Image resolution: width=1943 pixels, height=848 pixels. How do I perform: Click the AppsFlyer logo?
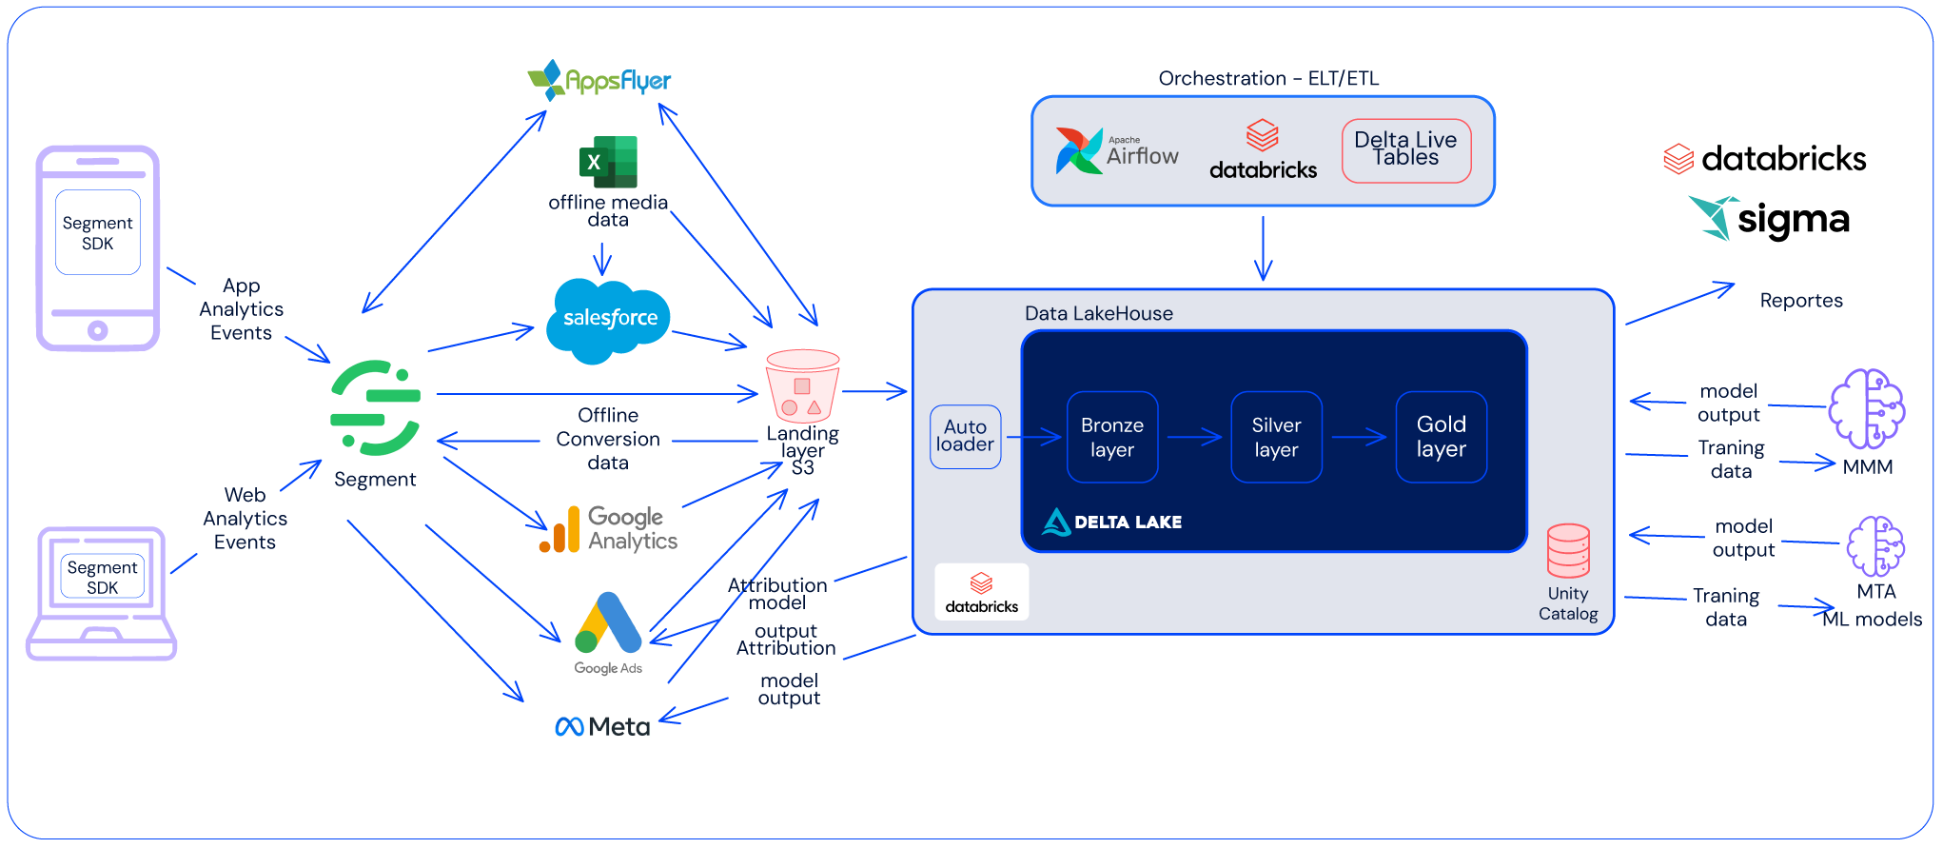click(x=599, y=81)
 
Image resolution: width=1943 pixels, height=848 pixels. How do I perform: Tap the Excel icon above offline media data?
click(x=608, y=162)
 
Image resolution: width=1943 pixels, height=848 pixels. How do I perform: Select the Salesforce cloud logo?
click(x=609, y=320)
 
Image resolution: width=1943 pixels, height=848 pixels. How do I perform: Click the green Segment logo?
click(x=375, y=407)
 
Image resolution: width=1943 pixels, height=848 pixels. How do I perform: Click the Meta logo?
click(x=602, y=727)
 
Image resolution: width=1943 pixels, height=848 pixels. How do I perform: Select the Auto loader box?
click(x=965, y=437)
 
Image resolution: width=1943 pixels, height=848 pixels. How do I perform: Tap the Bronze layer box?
click(x=1112, y=437)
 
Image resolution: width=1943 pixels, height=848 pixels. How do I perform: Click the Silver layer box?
click(x=1276, y=437)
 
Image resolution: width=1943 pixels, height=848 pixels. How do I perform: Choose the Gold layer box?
click(x=1441, y=437)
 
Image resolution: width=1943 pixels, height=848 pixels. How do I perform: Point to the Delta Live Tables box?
click(x=1405, y=149)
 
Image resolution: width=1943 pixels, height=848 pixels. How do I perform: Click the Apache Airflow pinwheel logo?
click(x=1079, y=151)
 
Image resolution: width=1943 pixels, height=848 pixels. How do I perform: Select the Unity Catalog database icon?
click(x=1567, y=551)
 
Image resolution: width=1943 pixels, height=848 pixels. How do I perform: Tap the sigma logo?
click(x=1770, y=220)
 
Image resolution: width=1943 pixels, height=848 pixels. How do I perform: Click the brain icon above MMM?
click(x=1866, y=408)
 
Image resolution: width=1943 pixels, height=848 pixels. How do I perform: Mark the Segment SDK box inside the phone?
click(x=98, y=232)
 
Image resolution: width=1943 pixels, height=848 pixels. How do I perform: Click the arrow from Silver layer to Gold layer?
click(x=1359, y=438)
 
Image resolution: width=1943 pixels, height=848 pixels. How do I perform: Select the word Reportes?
click(x=1800, y=301)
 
